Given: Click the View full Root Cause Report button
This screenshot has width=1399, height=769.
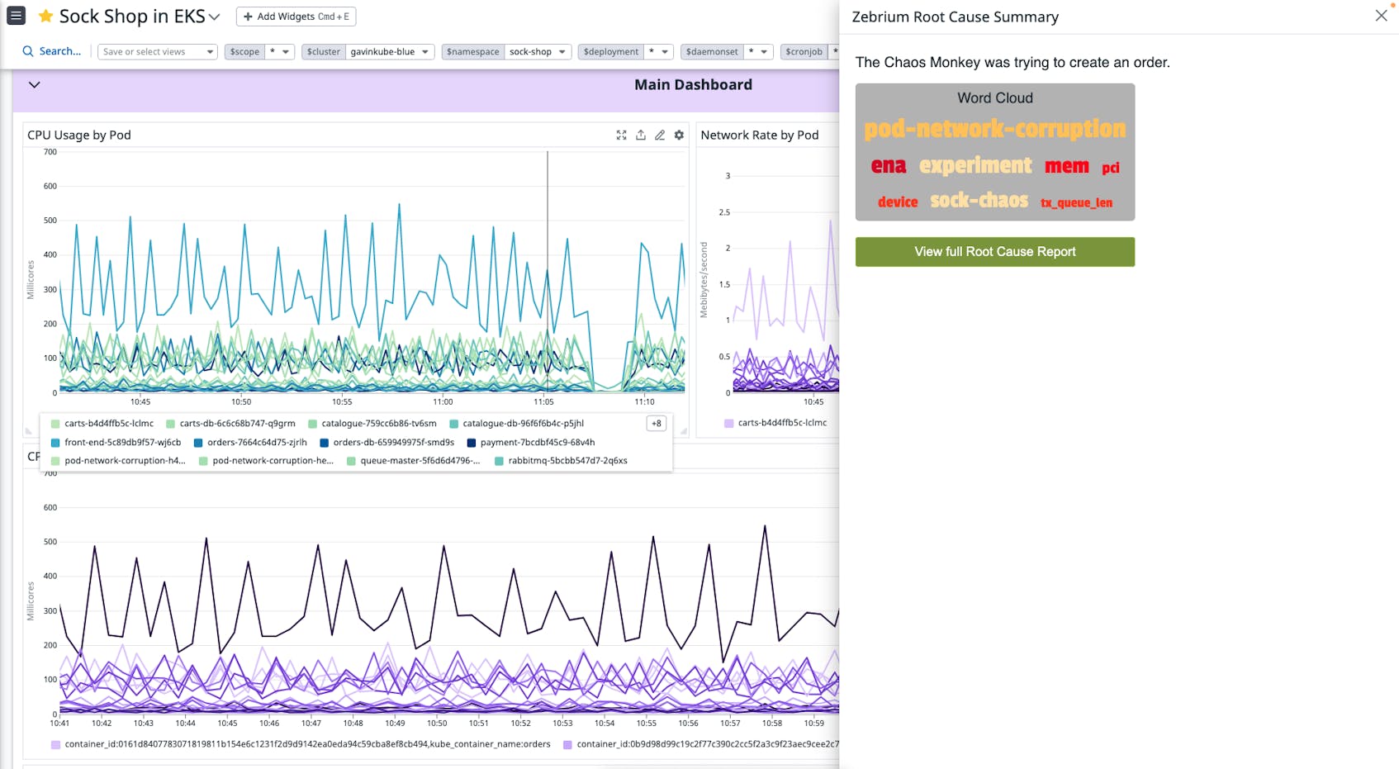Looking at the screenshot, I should [994, 252].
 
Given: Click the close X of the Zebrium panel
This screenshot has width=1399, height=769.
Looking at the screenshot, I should [1381, 16].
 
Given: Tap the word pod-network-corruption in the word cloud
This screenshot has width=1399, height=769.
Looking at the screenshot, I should [994, 129].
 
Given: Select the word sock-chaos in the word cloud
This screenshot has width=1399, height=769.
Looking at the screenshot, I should [979, 201].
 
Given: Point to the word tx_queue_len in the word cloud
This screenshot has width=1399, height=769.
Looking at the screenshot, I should [1076, 202].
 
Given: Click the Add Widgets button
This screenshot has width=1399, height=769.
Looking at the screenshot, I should [296, 17].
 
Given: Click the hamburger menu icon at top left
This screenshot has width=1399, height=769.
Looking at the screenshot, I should [16, 16].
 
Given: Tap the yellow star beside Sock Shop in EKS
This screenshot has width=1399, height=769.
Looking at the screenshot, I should [46, 17].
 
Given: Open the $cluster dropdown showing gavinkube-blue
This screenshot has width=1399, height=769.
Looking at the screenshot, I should [388, 51].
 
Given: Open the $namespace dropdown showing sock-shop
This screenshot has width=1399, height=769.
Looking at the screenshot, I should [537, 51].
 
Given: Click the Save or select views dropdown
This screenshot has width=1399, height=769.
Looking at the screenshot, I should [157, 51].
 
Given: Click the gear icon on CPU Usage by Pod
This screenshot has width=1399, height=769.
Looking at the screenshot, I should [679, 135].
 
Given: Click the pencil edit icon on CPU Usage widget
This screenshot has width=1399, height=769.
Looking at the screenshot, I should [660, 135].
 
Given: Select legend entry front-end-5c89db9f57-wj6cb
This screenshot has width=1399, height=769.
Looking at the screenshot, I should [122, 443].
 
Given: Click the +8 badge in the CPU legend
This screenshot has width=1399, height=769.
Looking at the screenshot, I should [657, 424].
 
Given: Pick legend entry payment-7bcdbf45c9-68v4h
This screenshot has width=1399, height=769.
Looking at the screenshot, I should [537, 443].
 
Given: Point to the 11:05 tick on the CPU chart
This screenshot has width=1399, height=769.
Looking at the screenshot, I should [543, 402].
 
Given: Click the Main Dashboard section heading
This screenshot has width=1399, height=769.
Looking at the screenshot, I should [693, 85].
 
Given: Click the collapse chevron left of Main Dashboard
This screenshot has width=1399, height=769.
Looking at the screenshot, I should [34, 85].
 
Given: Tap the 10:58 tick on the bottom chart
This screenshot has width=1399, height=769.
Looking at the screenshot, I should [771, 724].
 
